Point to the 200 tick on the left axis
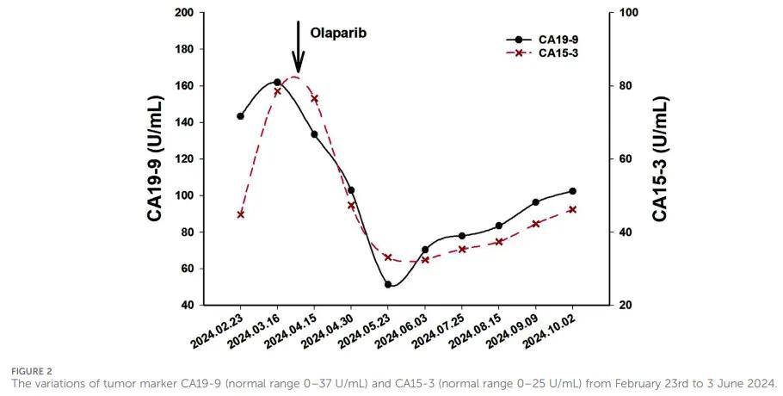[182, 13]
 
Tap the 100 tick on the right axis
[628, 13]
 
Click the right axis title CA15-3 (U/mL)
[660, 159]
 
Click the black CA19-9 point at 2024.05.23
[388, 284]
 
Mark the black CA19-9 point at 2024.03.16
[277, 83]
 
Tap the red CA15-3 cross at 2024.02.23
[240, 214]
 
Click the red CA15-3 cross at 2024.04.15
[314, 99]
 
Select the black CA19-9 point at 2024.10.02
[573, 191]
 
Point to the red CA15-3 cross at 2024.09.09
[536, 224]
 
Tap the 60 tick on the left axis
[185, 269]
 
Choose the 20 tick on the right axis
[626, 306]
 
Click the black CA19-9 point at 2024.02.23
[240, 116]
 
